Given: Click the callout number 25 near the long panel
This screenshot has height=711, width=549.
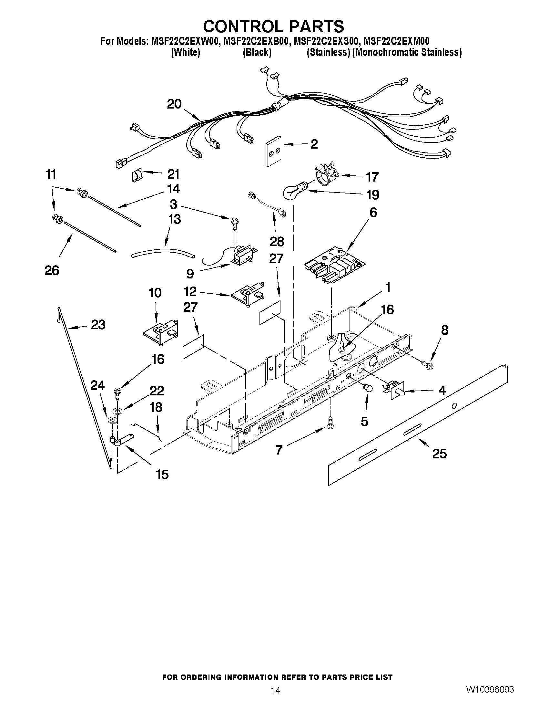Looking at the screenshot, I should pos(439,454).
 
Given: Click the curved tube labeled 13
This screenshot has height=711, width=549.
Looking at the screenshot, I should pos(163,252).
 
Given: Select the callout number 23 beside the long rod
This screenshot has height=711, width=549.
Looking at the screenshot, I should pos(98,325).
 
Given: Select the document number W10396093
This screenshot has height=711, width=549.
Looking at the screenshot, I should pos(490,699).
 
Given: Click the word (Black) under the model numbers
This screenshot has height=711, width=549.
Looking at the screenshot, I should pos(257,52).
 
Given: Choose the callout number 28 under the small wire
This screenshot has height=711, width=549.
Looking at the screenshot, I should pos(277,241).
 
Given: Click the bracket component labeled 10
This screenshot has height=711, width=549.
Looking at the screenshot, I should pos(161,333).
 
